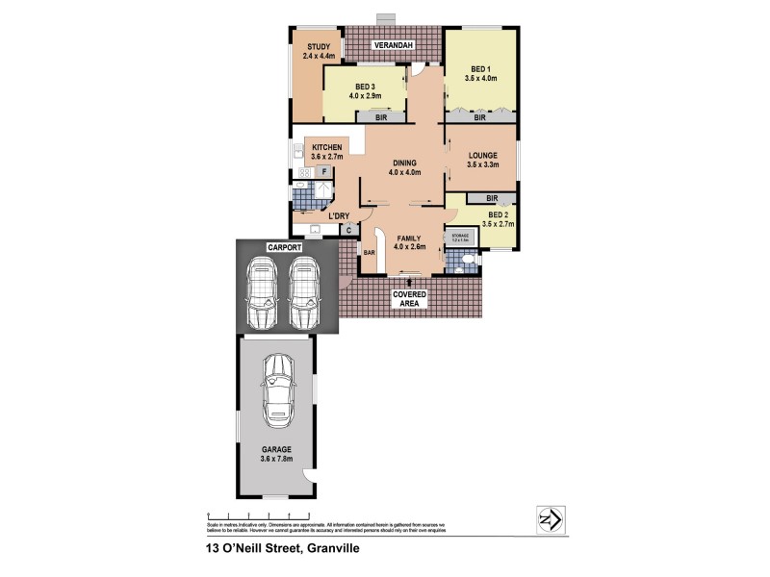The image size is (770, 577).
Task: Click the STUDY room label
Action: tap(318, 46)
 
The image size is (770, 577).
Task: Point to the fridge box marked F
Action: tap(325, 170)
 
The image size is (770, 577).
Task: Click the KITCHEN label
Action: tap(326, 147)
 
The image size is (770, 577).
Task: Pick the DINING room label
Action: tap(404, 163)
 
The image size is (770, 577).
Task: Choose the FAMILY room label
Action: tap(410, 237)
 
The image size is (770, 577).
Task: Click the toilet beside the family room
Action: tap(465, 261)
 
